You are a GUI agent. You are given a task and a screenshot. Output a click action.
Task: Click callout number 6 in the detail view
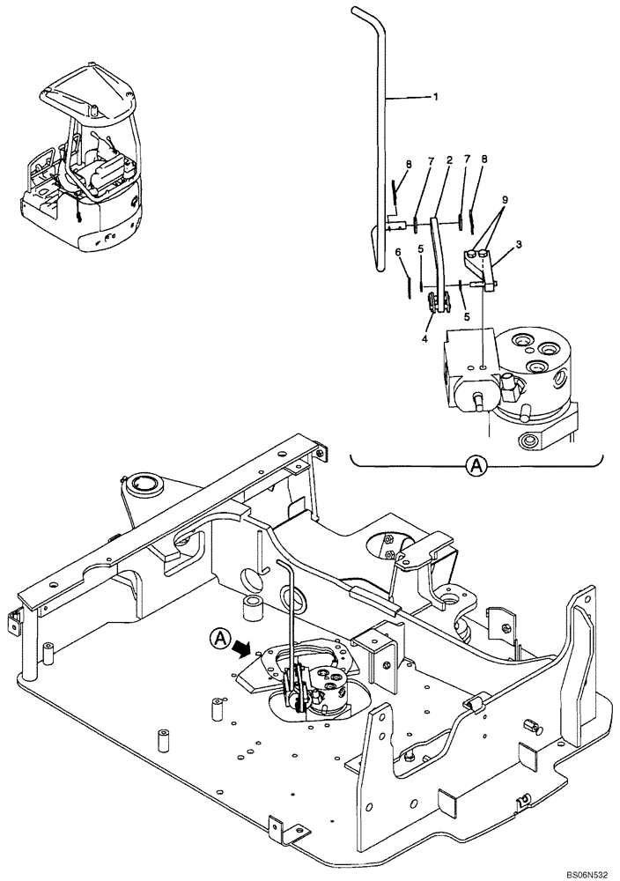click(x=399, y=252)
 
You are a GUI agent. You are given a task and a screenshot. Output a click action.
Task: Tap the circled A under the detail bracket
click(x=476, y=466)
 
